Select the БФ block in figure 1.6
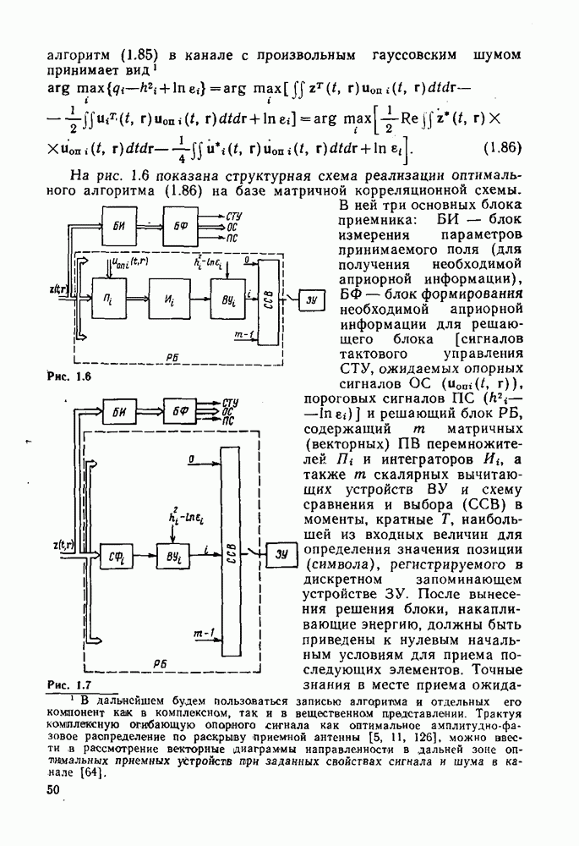click(x=180, y=228)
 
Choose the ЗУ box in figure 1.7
click(x=281, y=555)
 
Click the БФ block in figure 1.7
click(x=178, y=412)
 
